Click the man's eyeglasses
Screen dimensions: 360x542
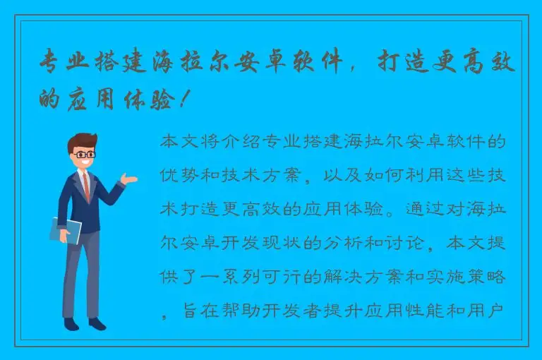click(85, 153)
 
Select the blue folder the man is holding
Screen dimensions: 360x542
click(66, 230)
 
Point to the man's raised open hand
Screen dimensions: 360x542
click(129, 179)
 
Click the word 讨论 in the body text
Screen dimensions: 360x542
click(410, 244)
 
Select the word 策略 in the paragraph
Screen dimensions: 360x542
click(488, 277)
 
